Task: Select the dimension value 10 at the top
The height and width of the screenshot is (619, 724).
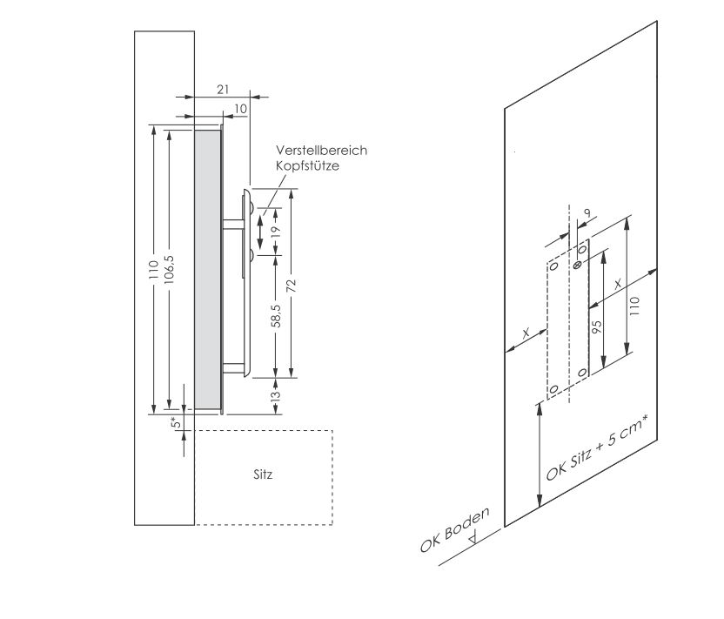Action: click(x=240, y=108)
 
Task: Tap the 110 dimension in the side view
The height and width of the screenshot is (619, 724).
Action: click(x=153, y=269)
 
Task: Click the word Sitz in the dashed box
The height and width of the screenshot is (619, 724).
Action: click(x=263, y=475)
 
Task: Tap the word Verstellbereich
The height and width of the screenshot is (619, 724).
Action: click(x=321, y=151)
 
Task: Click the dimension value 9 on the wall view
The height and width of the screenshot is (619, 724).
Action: click(x=588, y=214)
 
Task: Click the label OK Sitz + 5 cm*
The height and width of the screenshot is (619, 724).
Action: click(x=600, y=449)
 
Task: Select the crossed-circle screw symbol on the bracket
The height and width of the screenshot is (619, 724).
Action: click(x=578, y=262)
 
